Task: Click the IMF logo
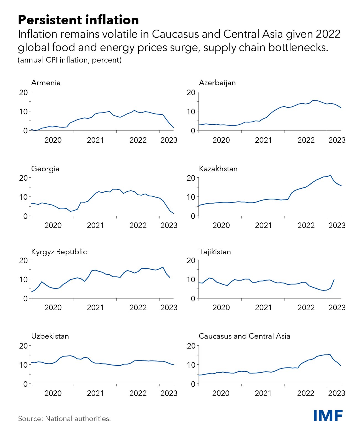[328, 415]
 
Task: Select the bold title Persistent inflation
[78, 20]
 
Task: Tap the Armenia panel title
[46, 83]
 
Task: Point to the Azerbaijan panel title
[217, 83]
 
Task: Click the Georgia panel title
[45, 169]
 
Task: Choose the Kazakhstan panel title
[218, 169]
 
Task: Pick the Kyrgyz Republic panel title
[59, 252]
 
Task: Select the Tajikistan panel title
[215, 252]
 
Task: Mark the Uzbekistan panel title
[50, 336]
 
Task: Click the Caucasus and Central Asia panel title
[245, 336]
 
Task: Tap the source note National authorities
[64, 419]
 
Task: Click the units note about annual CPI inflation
[70, 60]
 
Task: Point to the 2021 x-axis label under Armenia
[95, 140]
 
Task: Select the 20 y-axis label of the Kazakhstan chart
[191, 178]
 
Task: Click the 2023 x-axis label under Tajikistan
[337, 308]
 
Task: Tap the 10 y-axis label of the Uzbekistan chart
[24, 365]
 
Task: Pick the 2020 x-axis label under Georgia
[53, 226]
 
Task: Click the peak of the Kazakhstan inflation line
[330, 175]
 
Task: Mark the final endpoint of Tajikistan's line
[334, 280]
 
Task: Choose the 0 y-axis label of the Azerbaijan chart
[193, 130]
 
